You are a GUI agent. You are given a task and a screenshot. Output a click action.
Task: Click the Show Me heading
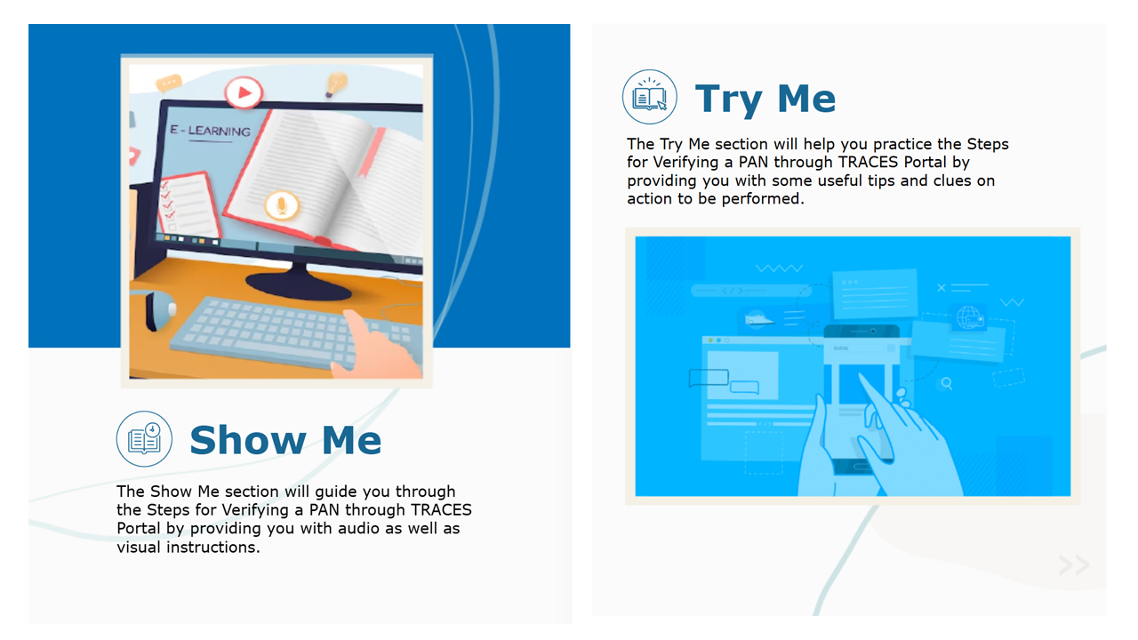[285, 440]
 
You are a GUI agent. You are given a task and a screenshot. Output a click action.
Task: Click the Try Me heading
[765, 99]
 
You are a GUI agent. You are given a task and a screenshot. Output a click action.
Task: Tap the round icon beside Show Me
[144, 439]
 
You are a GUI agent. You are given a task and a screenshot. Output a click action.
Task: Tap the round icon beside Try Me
[650, 97]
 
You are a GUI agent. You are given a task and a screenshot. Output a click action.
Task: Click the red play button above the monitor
[244, 92]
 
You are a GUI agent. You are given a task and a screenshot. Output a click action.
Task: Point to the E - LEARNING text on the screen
[211, 131]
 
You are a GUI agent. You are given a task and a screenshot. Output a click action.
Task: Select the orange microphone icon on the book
[282, 205]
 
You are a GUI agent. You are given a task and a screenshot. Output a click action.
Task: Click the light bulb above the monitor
[335, 84]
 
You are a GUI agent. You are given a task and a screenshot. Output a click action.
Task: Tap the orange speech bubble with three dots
[168, 83]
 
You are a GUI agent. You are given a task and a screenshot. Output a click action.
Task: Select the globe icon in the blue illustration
[969, 317]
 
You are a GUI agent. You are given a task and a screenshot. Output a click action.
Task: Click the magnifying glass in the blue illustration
[947, 383]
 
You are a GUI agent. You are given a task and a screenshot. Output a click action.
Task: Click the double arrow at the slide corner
[1074, 564]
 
